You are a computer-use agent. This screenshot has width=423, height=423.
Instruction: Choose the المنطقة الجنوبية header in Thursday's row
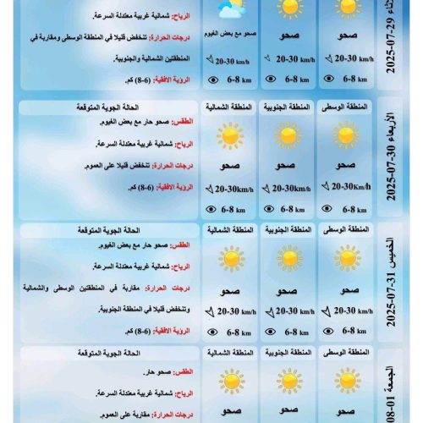point(288,229)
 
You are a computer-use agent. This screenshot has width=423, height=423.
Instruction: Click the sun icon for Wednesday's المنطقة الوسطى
point(347,135)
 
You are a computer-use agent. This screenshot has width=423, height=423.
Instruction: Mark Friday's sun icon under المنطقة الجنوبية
point(288,380)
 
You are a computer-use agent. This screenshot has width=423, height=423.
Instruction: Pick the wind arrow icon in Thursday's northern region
point(209,311)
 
